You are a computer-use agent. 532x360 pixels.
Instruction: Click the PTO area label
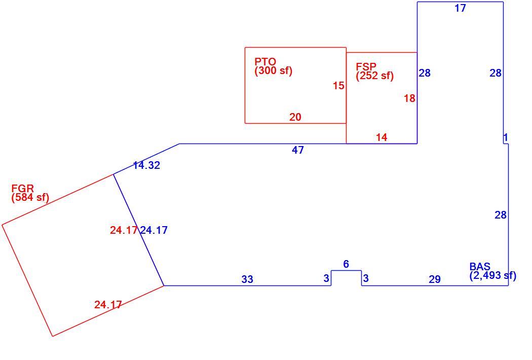274,66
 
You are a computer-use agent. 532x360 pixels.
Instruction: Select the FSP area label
374,71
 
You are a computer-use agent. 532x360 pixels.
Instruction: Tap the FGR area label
30,193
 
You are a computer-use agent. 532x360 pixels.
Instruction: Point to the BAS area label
492,271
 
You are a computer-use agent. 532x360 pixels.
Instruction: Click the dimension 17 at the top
461,8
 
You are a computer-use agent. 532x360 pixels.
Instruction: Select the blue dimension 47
298,150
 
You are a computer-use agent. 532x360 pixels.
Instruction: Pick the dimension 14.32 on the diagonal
146,165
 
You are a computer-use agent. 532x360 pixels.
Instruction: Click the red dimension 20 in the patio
295,117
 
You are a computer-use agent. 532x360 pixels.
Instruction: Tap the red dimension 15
338,86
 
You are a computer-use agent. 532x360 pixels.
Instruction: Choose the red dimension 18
409,98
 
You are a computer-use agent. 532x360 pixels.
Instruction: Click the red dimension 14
382,137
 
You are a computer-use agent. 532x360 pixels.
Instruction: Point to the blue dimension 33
247,279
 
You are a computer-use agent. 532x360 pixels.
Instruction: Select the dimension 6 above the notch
346,264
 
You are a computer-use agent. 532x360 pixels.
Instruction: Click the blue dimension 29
435,279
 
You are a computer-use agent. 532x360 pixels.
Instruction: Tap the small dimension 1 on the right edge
506,137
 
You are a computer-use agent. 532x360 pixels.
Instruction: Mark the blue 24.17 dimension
154,230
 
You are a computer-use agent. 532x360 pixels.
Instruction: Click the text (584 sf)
30,197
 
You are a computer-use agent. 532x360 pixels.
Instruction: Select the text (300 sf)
274,70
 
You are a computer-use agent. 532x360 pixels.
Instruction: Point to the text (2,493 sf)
493,275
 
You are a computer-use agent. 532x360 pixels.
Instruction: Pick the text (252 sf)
374,76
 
